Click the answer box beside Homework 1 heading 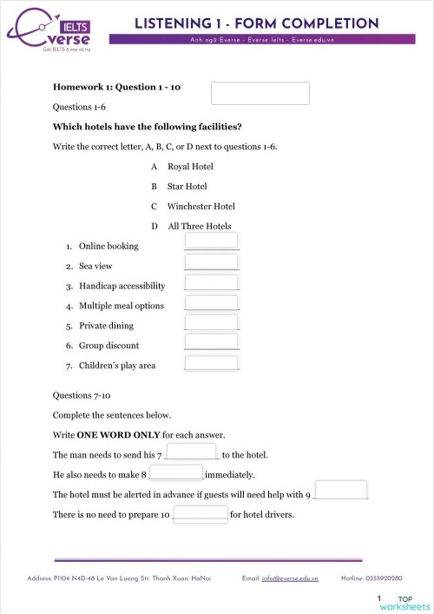pyautogui.click(x=260, y=93)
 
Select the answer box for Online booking pyautogui.click(x=212, y=241)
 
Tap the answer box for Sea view pyautogui.click(x=212, y=261)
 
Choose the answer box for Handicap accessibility pyautogui.click(x=212, y=281)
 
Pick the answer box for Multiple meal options pyautogui.click(x=212, y=302)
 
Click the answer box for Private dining pyautogui.click(x=212, y=323)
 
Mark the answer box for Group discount pyautogui.click(x=212, y=343)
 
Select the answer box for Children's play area pyautogui.click(x=212, y=363)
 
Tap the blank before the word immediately pyautogui.click(x=176, y=472)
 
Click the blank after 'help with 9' pyautogui.click(x=340, y=490)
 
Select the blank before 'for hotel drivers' pyautogui.click(x=201, y=512)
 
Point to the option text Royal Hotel pyautogui.click(x=190, y=166)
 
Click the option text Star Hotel pyautogui.click(x=187, y=186)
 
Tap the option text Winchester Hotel pyautogui.click(x=201, y=206)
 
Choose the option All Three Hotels pyautogui.click(x=200, y=226)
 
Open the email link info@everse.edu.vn pyautogui.click(x=290, y=578)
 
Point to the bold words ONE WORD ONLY pyautogui.click(x=107, y=433)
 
